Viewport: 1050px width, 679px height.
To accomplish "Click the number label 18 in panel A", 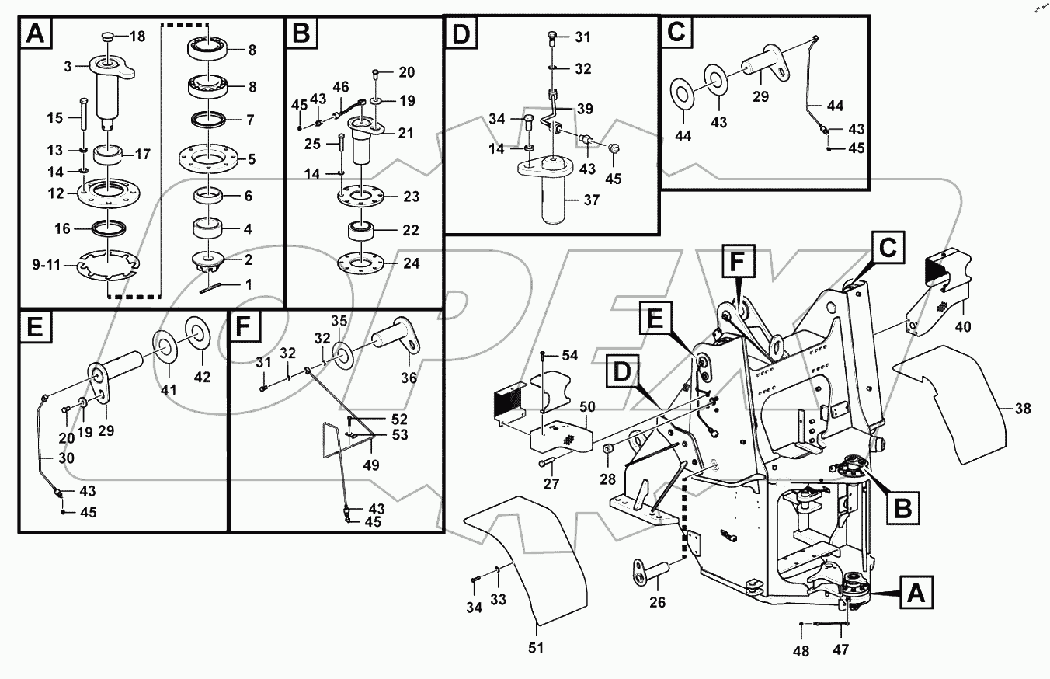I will pos(137,37).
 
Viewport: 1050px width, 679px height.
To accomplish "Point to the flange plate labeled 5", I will pos(208,160).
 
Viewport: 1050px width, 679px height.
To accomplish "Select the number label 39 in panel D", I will pos(584,109).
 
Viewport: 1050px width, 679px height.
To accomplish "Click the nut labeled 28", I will pos(610,449).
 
